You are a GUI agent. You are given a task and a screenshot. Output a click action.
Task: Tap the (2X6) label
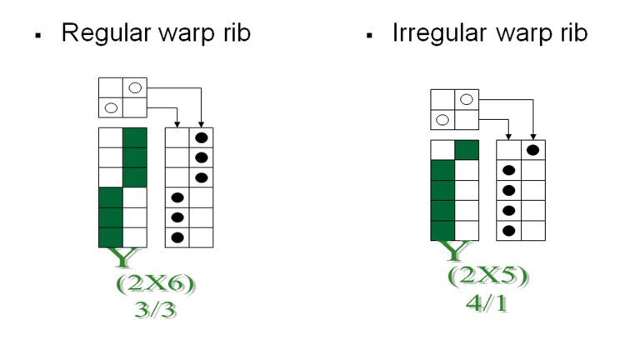click(x=157, y=284)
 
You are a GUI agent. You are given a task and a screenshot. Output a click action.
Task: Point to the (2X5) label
click(x=488, y=276)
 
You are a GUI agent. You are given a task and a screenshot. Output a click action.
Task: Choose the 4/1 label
click(x=488, y=299)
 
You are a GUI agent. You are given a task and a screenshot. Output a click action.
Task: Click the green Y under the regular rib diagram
click(x=123, y=258)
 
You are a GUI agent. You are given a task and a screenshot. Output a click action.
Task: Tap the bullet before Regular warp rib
click(x=37, y=37)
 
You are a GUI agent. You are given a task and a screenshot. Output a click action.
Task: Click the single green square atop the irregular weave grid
click(x=467, y=150)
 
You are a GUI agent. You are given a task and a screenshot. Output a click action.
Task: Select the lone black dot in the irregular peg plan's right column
click(x=533, y=150)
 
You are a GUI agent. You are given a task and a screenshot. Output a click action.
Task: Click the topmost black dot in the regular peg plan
click(x=201, y=137)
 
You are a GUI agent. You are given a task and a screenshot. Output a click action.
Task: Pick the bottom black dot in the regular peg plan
click(x=177, y=237)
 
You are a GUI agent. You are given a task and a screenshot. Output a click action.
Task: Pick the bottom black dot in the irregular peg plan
click(x=509, y=230)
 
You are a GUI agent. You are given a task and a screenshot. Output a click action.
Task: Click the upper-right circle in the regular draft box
click(x=135, y=87)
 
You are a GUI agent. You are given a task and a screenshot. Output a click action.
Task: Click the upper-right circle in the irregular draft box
click(x=467, y=99)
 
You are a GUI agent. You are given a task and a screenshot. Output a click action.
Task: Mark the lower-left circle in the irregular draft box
click(x=442, y=120)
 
